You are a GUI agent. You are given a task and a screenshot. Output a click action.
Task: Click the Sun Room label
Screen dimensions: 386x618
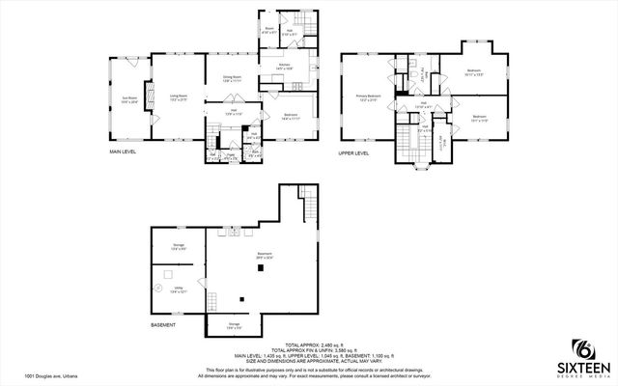tap(128, 99)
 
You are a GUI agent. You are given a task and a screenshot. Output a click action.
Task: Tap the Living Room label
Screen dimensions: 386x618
tap(178, 96)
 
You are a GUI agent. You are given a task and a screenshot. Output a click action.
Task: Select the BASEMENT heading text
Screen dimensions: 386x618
tap(162, 325)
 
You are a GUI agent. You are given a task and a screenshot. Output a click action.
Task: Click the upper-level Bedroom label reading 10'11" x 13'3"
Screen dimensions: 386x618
tap(474, 71)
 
